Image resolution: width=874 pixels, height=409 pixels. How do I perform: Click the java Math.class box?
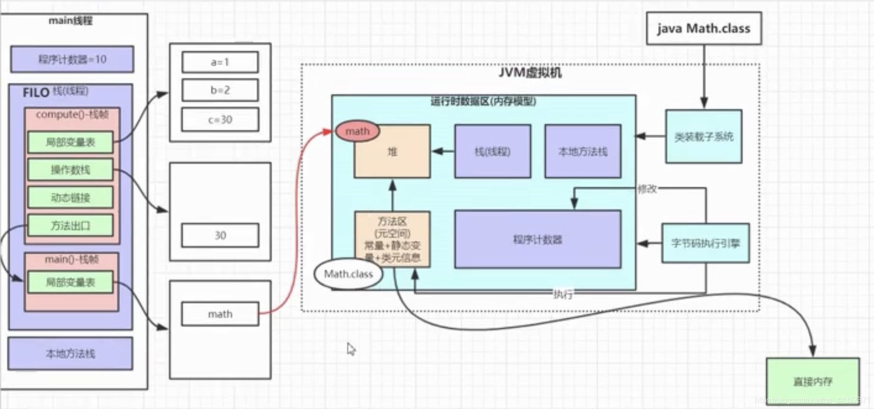click(704, 29)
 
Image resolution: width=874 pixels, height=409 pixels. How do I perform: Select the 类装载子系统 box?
click(704, 137)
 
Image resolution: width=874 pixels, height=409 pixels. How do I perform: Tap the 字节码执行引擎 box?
click(706, 243)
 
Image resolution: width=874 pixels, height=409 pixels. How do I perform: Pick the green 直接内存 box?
click(813, 381)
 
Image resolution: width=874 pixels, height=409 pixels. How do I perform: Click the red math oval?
click(357, 131)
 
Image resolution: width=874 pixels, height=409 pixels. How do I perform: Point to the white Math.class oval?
click(348, 274)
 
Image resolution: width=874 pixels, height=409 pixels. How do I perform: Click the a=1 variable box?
click(220, 62)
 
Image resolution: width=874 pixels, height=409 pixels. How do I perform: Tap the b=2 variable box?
click(220, 90)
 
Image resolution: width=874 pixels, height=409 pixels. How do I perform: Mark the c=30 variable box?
click(220, 120)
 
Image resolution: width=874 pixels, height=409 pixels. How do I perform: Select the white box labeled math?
click(220, 314)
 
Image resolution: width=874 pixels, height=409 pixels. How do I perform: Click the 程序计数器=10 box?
click(72, 59)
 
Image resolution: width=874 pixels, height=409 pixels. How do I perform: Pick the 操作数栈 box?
click(70, 170)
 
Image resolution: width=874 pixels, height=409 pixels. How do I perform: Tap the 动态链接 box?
click(70, 197)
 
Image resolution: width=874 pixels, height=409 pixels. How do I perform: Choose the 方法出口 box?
click(70, 225)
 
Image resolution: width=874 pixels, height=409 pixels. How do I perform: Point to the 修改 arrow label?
click(647, 189)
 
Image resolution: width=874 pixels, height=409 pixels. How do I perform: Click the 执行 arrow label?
click(563, 294)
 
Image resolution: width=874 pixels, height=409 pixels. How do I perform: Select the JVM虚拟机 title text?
click(530, 73)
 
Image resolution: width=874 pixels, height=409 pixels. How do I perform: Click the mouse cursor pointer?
click(351, 349)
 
